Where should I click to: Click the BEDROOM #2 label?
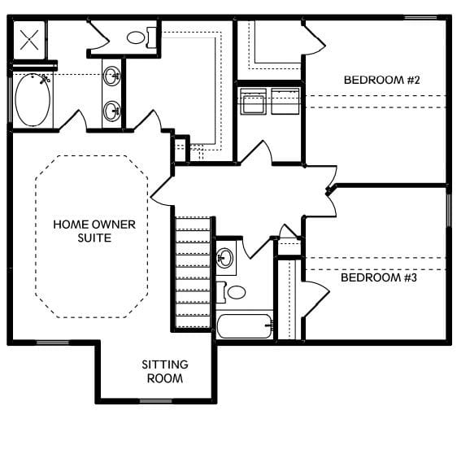tap(375, 80)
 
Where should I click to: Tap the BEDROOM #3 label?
tap(378, 277)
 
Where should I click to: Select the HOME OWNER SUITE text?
tap(82, 231)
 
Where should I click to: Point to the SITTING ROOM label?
tap(164, 372)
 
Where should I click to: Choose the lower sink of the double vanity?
tap(111, 110)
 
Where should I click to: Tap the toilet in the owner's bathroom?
tap(138, 37)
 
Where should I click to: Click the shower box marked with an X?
tap(29, 39)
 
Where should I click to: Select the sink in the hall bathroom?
tap(225, 260)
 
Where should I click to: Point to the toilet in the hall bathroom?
tap(233, 291)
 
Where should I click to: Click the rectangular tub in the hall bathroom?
tap(244, 328)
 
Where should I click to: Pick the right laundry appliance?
tap(285, 103)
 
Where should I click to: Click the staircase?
tap(193, 269)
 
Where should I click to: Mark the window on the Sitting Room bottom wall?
tap(155, 400)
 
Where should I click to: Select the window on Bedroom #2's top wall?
tap(420, 17)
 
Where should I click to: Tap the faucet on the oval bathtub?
tap(44, 79)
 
